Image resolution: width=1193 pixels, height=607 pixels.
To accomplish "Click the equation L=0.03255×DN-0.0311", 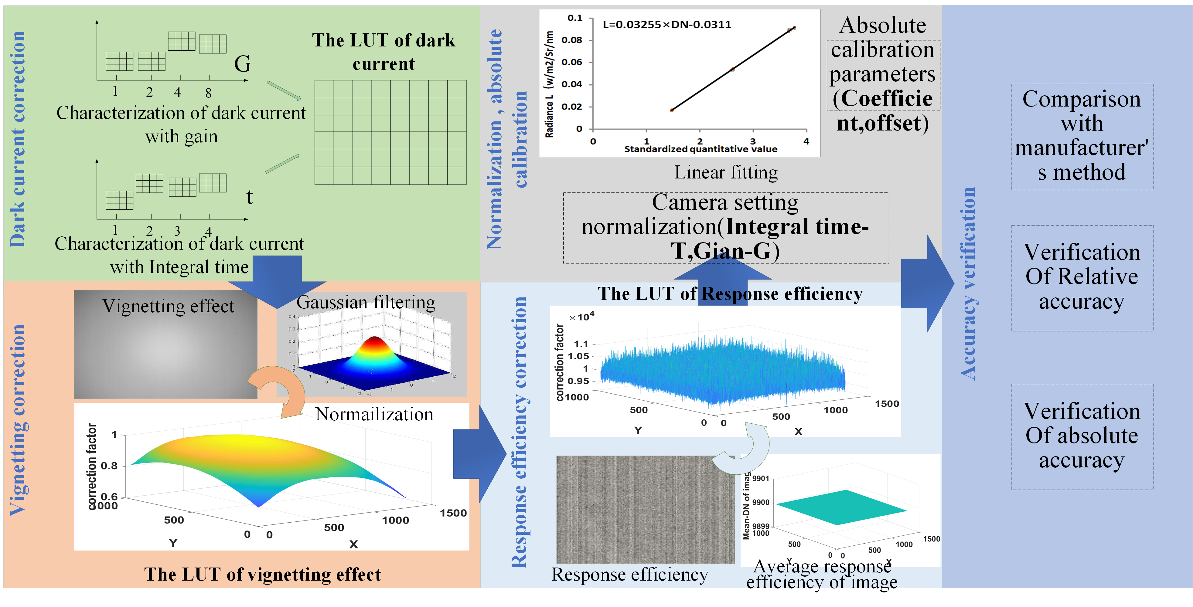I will (x=666, y=25).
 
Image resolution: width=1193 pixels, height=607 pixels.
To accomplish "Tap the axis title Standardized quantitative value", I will (x=700, y=149).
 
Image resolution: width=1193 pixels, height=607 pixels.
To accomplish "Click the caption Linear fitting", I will (x=726, y=172).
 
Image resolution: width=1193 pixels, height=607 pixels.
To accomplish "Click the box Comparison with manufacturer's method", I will (x=1082, y=136).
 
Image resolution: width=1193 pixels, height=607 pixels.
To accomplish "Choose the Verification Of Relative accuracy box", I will (x=1082, y=277).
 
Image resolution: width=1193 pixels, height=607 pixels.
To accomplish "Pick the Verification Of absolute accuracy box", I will (x=1082, y=436).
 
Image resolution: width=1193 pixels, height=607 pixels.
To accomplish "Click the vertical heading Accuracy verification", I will (x=968, y=283).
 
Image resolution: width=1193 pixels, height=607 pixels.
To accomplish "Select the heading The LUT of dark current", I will (x=383, y=52).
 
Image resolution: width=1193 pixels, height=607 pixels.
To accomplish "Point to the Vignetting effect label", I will (x=168, y=306).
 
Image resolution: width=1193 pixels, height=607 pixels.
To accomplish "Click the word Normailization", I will (x=374, y=414).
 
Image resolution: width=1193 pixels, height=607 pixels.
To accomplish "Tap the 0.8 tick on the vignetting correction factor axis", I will (x=109, y=466).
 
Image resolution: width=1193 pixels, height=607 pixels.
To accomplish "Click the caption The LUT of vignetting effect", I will (x=263, y=574).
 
